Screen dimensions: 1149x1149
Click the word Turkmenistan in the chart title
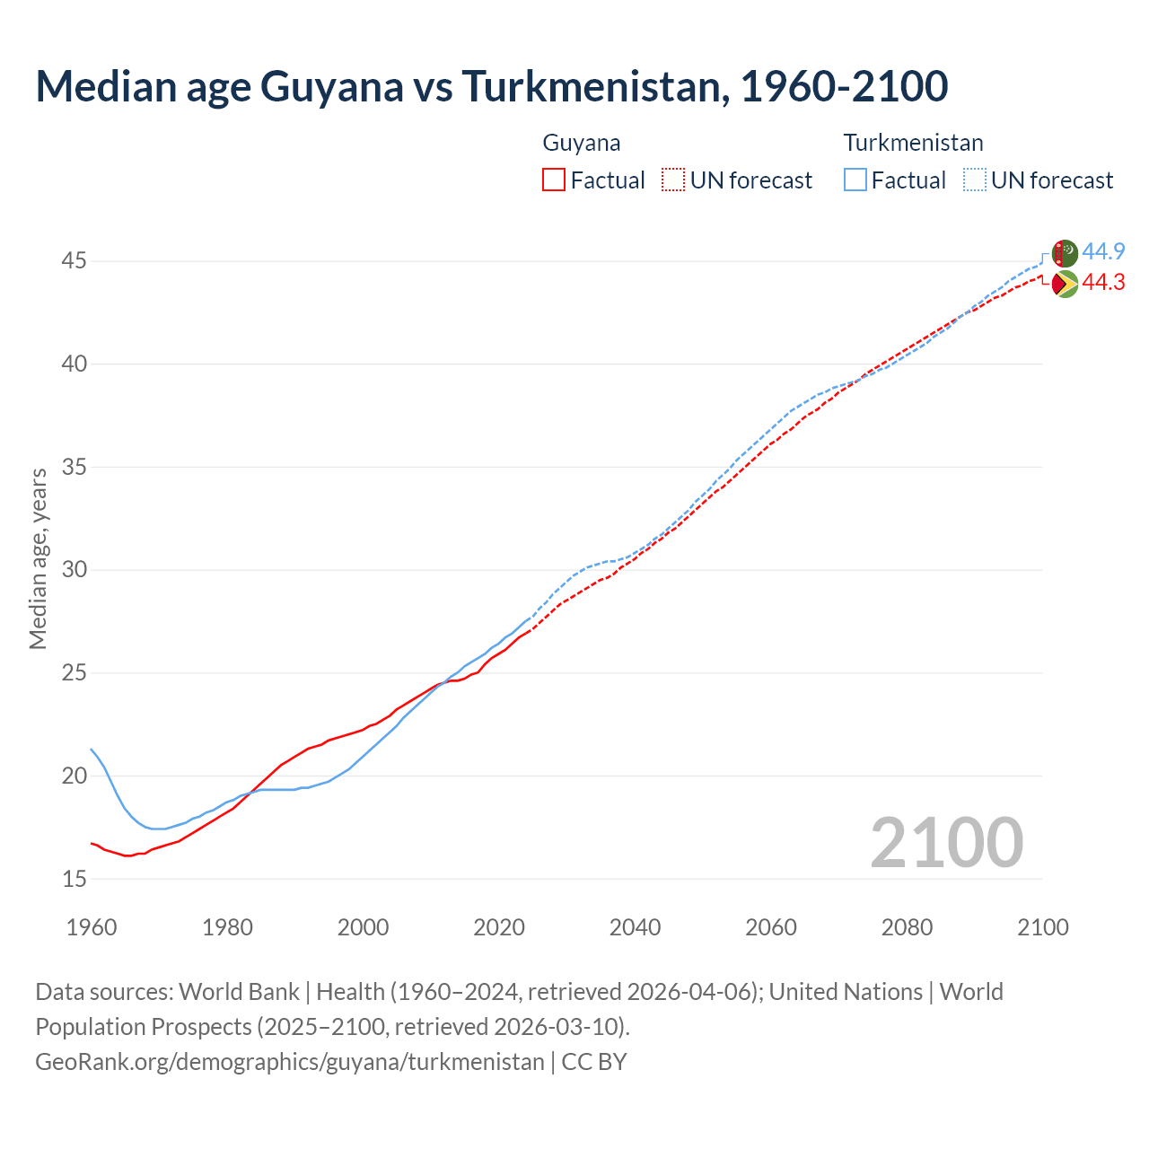point(592,86)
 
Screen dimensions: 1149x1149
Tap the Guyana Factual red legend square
point(554,180)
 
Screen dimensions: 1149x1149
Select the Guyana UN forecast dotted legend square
point(673,180)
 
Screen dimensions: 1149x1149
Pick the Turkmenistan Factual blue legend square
point(855,180)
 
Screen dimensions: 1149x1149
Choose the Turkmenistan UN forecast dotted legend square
point(975,180)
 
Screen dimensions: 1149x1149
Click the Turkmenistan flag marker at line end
point(1065,253)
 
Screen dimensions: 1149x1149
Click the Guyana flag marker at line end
point(1065,284)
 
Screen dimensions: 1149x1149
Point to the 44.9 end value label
point(1104,251)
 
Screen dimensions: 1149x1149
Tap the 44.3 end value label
point(1104,283)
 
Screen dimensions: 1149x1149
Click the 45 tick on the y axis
point(74,261)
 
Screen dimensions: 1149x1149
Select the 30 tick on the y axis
point(74,570)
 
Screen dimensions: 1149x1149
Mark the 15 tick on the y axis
point(74,879)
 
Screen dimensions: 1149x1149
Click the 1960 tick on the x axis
point(92,927)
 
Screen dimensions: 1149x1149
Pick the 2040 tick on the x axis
point(636,927)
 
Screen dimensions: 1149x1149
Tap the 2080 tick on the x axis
point(907,927)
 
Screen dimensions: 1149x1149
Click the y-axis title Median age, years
point(38,558)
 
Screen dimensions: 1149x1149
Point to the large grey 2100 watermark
point(947,842)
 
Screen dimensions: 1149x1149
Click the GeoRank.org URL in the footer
point(289,1062)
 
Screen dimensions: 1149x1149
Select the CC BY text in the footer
point(594,1062)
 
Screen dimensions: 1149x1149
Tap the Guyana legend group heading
point(582,143)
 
